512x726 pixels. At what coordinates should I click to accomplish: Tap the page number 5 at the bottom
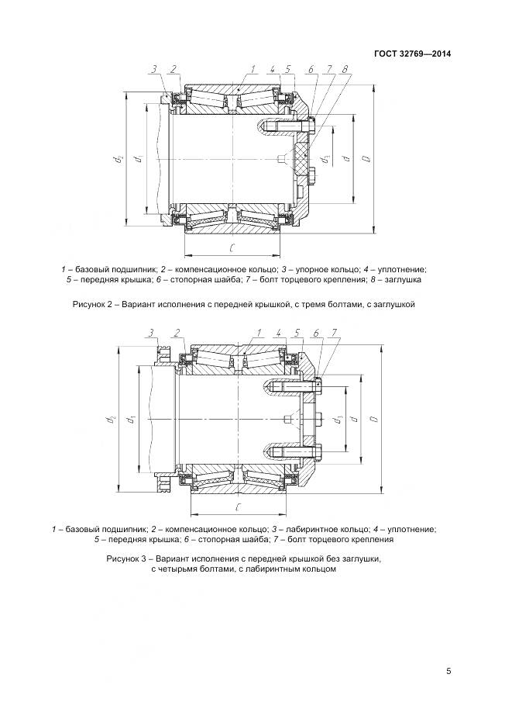[448, 672]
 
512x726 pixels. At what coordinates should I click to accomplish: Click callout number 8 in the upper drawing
[343, 69]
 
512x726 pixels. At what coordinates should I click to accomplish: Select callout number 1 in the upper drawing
[253, 69]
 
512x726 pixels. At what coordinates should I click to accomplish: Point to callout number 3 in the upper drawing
[154, 69]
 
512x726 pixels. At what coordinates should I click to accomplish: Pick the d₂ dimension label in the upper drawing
[118, 158]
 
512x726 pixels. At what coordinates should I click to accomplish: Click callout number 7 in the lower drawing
[333, 334]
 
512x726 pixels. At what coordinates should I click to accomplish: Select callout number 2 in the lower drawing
[177, 334]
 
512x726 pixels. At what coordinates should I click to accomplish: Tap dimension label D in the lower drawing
[373, 419]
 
